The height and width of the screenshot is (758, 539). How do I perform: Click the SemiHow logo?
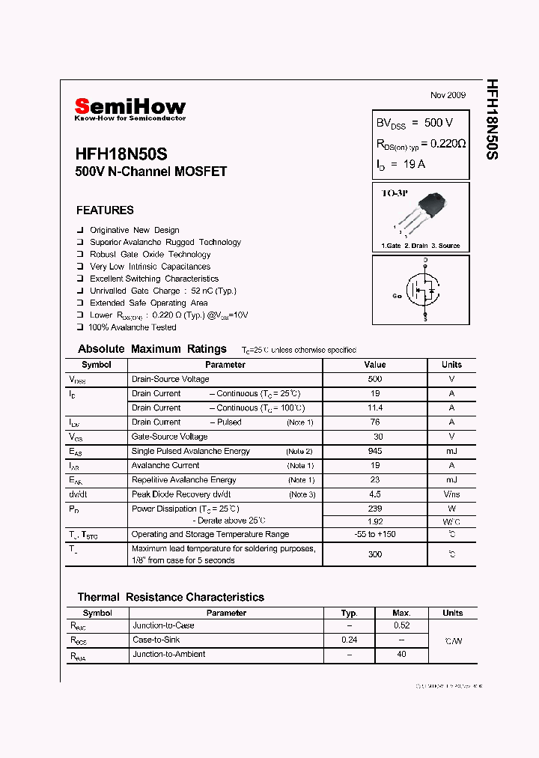click(130, 107)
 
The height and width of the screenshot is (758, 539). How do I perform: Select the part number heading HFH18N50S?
click(121, 154)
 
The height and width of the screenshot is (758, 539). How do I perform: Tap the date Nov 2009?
click(448, 95)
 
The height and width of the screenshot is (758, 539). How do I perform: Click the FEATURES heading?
click(105, 210)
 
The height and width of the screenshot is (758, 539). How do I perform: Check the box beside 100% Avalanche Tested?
click(80, 327)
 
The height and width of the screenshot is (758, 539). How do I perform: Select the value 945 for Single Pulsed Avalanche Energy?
click(375, 452)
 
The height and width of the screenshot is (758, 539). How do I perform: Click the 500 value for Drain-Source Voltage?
click(375, 379)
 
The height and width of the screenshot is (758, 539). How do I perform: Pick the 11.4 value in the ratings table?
click(375, 408)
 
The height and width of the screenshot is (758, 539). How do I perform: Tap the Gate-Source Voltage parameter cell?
click(170, 437)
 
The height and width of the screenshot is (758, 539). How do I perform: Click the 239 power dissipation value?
click(375, 509)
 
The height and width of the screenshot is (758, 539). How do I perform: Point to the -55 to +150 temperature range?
click(375, 535)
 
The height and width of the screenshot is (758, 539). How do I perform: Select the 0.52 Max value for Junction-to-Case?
click(401, 625)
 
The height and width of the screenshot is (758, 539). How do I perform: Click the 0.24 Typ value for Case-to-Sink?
click(349, 640)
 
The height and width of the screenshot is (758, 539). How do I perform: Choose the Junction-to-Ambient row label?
click(168, 654)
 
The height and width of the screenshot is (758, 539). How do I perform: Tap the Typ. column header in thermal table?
click(349, 613)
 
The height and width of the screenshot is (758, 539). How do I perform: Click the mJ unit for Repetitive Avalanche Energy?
click(451, 480)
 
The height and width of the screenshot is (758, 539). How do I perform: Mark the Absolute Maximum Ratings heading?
click(152, 349)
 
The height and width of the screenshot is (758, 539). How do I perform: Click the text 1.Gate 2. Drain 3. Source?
click(421, 246)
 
